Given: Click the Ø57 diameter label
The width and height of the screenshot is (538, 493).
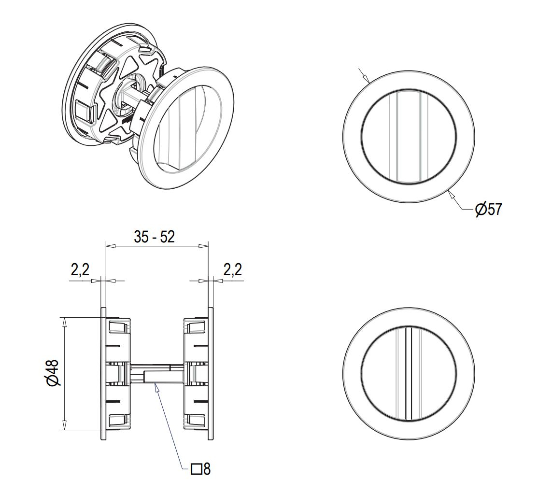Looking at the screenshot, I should [488, 209].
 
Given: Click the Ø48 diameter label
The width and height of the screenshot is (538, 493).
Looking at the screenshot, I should [53, 373].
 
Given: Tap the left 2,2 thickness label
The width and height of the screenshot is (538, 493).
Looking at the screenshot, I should [80, 270].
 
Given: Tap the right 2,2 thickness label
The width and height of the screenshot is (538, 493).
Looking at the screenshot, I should [232, 270].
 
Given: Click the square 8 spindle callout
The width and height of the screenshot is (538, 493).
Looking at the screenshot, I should [201, 469].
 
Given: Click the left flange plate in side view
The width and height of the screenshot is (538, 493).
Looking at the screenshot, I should [103, 373].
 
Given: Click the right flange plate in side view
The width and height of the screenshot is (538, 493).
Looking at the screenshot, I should [210, 373].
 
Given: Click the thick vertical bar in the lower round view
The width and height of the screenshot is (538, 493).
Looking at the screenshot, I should [408, 373].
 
